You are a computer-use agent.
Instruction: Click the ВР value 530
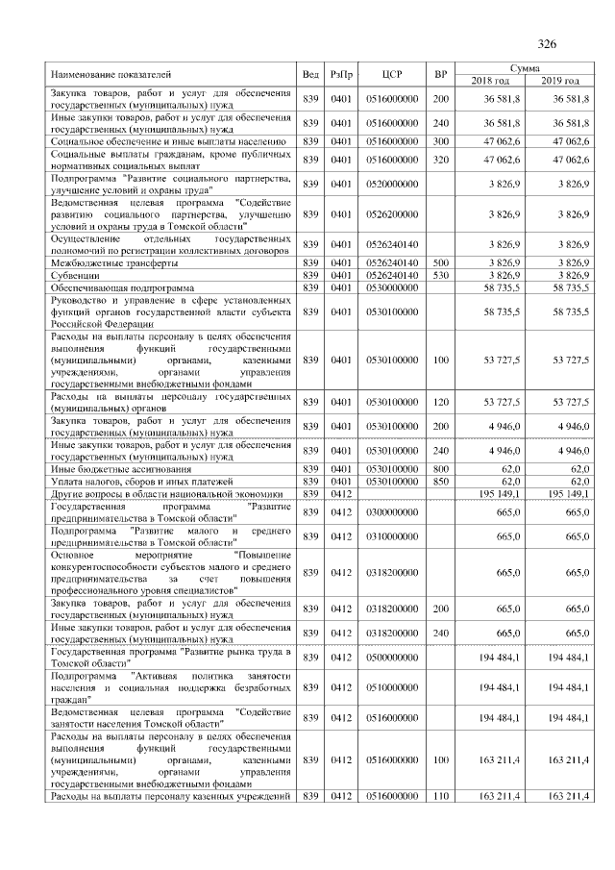pyautogui.click(x=440, y=274)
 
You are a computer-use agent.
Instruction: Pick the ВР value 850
pyautogui.click(x=440, y=481)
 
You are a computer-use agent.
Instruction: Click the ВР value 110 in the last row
pyautogui.click(x=440, y=796)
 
